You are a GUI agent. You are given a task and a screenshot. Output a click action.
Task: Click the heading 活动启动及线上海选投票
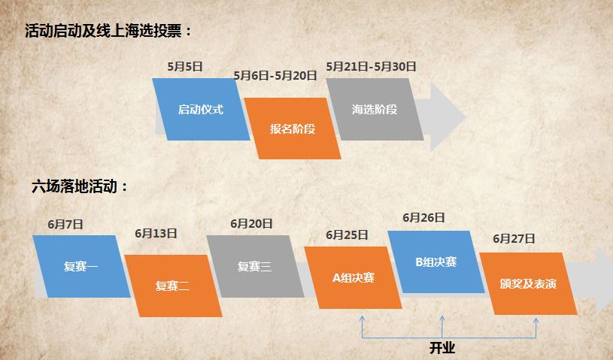click(x=108, y=31)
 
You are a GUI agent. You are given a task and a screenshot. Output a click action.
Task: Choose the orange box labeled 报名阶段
click(x=293, y=129)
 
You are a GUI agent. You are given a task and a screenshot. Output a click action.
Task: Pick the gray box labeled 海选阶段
click(x=375, y=109)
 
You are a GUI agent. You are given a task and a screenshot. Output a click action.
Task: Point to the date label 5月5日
click(x=185, y=66)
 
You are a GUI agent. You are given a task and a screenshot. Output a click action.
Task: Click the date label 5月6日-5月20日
click(x=275, y=75)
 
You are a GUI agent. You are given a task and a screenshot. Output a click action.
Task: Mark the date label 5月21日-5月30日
click(x=372, y=66)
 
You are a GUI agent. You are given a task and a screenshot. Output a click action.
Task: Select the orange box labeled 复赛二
click(x=172, y=286)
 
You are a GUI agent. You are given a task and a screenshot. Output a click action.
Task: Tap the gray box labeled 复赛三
click(x=254, y=265)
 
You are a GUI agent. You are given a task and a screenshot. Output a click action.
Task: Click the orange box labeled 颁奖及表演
click(x=528, y=284)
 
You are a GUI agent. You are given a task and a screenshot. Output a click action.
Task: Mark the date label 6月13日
click(x=156, y=234)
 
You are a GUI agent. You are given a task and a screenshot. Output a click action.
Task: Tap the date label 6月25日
click(x=347, y=234)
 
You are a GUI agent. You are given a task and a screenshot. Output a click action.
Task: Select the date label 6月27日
click(x=514, y=239)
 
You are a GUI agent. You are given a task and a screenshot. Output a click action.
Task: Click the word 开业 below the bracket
click(x=442, y=349)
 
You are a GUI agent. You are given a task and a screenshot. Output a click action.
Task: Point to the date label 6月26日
click(x=423, y=218)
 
